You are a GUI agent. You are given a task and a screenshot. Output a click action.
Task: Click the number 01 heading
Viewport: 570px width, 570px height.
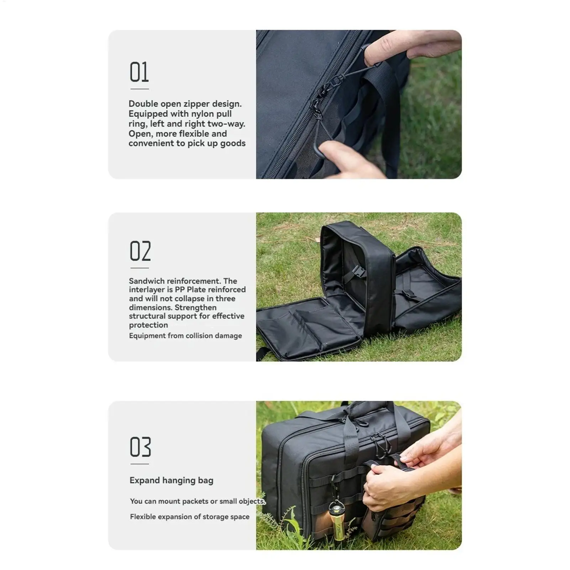click(139, 72)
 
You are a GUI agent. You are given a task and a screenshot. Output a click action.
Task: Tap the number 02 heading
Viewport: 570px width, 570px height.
click(140, 251)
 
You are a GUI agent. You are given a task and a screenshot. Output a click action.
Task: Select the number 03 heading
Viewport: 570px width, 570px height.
click(140, 447)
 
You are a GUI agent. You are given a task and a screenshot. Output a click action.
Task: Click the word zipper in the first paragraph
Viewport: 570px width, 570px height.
click(197, 104)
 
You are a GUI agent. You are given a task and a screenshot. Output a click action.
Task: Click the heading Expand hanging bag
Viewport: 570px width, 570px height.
click(171, 480)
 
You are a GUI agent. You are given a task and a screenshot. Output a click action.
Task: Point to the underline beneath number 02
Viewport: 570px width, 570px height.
click(140, 268)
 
